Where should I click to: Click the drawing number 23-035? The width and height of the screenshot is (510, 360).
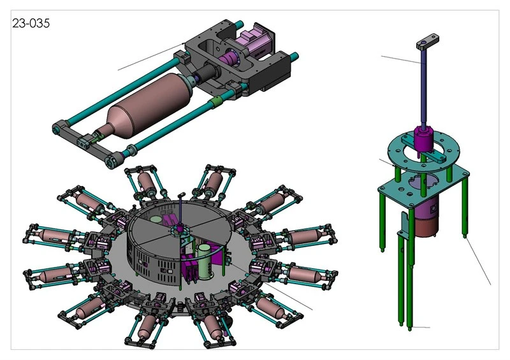point(31,24)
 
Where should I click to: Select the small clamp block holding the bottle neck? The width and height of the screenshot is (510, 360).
point(84,142)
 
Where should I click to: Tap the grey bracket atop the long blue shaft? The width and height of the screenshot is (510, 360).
point(427,42)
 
